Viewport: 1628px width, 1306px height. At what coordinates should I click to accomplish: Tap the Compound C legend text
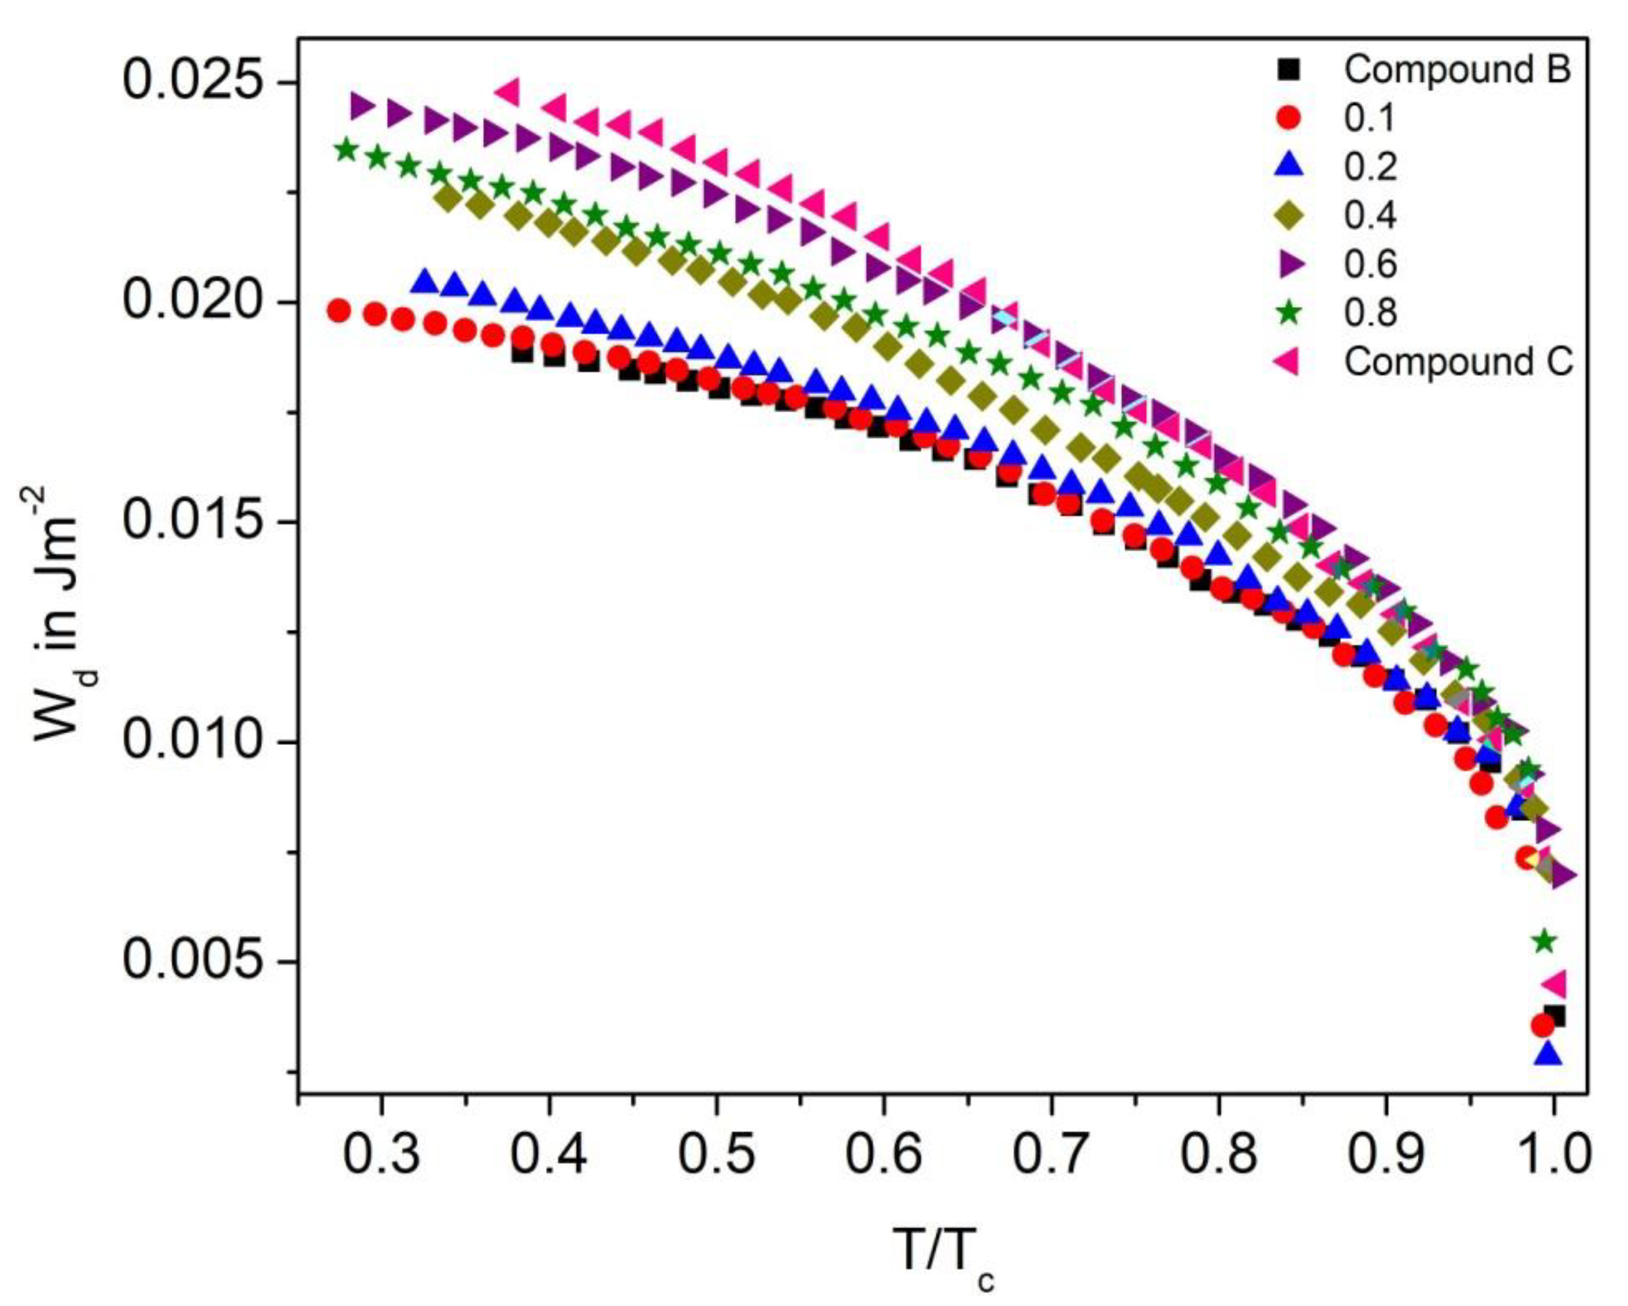click(1457, 362)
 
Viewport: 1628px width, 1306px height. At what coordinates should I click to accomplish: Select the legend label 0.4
click(1370, 215)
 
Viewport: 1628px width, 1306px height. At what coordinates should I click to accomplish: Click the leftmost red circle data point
click(339, 310)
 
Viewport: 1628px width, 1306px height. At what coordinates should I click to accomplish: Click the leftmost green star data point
click(346, 149)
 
